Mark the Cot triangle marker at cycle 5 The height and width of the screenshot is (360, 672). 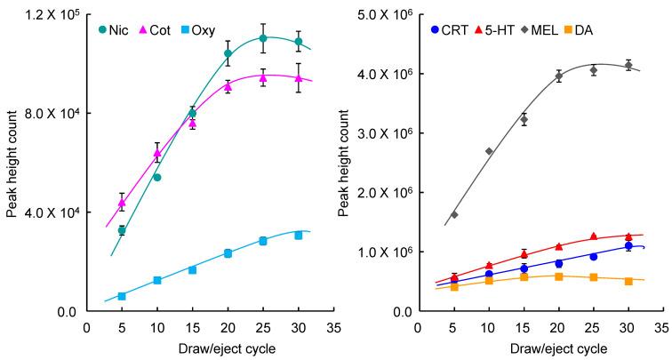pos(122,203)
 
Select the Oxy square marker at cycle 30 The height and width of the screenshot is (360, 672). pos(299,236)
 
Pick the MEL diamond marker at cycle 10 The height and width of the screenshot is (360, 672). pos(489,151)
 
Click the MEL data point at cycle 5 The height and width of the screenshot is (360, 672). pos(454,215)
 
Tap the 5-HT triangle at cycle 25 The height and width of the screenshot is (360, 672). pos(594,236)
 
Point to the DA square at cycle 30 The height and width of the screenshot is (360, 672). pos(628,281)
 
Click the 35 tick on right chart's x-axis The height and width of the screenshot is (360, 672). pos(663,326)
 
